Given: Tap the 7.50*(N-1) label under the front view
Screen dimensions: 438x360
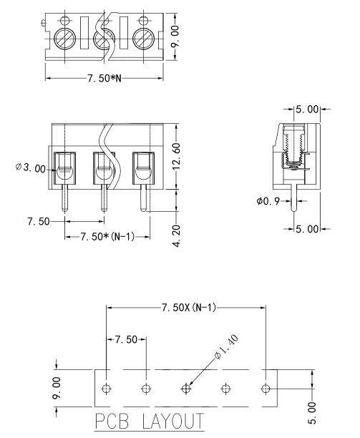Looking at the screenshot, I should (107, 237).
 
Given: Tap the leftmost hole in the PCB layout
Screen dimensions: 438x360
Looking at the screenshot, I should (106, 389).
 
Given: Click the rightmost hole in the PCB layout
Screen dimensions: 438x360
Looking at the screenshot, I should (266, 389).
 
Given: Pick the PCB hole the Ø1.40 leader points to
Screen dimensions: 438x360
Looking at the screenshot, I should (186, 389).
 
